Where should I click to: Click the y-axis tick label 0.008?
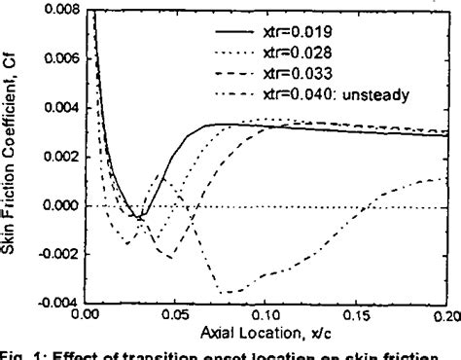coord(61,9)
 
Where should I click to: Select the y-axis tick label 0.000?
coord(61,205)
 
